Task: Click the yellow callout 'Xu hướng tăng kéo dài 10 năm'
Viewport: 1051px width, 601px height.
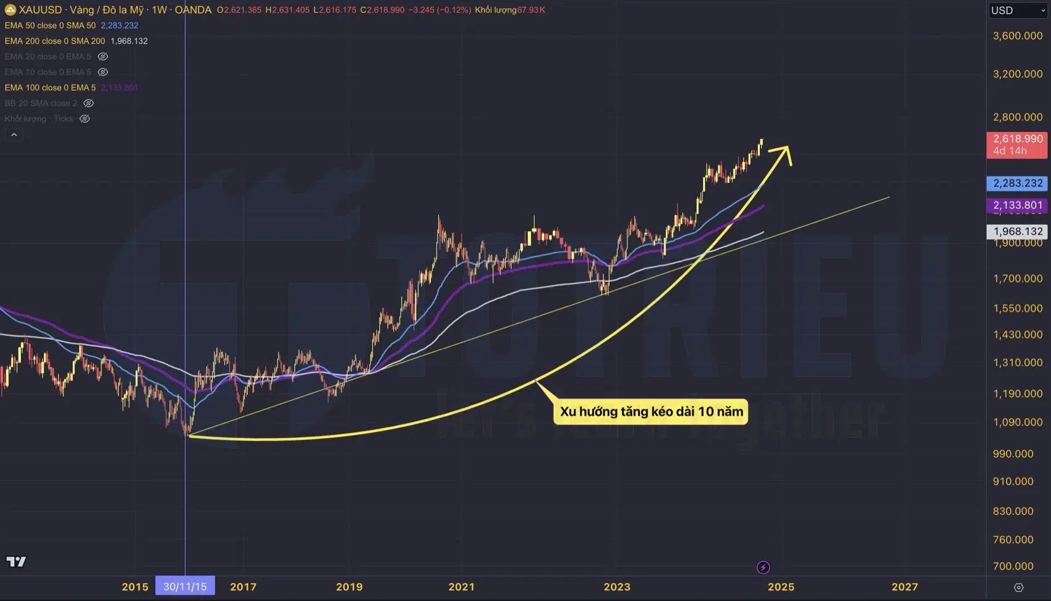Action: click(x=651, y=411)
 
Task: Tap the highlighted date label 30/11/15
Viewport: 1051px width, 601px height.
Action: click(x=185, y=586)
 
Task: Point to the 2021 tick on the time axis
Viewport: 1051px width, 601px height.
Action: click(x=461, y=587)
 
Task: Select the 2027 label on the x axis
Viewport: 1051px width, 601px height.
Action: click(x=904, y=587)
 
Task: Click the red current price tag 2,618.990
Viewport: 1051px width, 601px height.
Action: click(x=1017, y=145)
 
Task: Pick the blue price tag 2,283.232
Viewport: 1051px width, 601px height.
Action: click(x=1017, y=183)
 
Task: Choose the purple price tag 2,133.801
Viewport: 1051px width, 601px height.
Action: click(x=1017, y=205)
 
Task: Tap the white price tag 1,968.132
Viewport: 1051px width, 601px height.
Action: click(x=1017, y=232)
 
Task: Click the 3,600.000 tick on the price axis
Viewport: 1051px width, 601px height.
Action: click(x=1017, y=36)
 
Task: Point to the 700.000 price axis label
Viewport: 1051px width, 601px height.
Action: click(x=1013, y=566)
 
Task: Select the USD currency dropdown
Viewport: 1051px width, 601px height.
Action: click(x=1017, y=11)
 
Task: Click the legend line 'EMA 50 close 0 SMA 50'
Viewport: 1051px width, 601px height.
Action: click(x=50, y=25)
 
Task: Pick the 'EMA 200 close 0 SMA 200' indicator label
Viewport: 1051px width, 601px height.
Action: click(x=55, y=41)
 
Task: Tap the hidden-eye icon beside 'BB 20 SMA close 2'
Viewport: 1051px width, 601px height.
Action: click(x=88, y=103)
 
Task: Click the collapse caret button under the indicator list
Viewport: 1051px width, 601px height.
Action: click(x=14, y=135)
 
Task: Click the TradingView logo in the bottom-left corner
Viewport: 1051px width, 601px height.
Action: click(x=16, y=561)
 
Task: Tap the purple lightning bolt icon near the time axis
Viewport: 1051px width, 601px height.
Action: click(x=763, y=567)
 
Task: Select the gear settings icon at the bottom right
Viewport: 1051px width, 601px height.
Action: click(x=1019, y=587)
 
